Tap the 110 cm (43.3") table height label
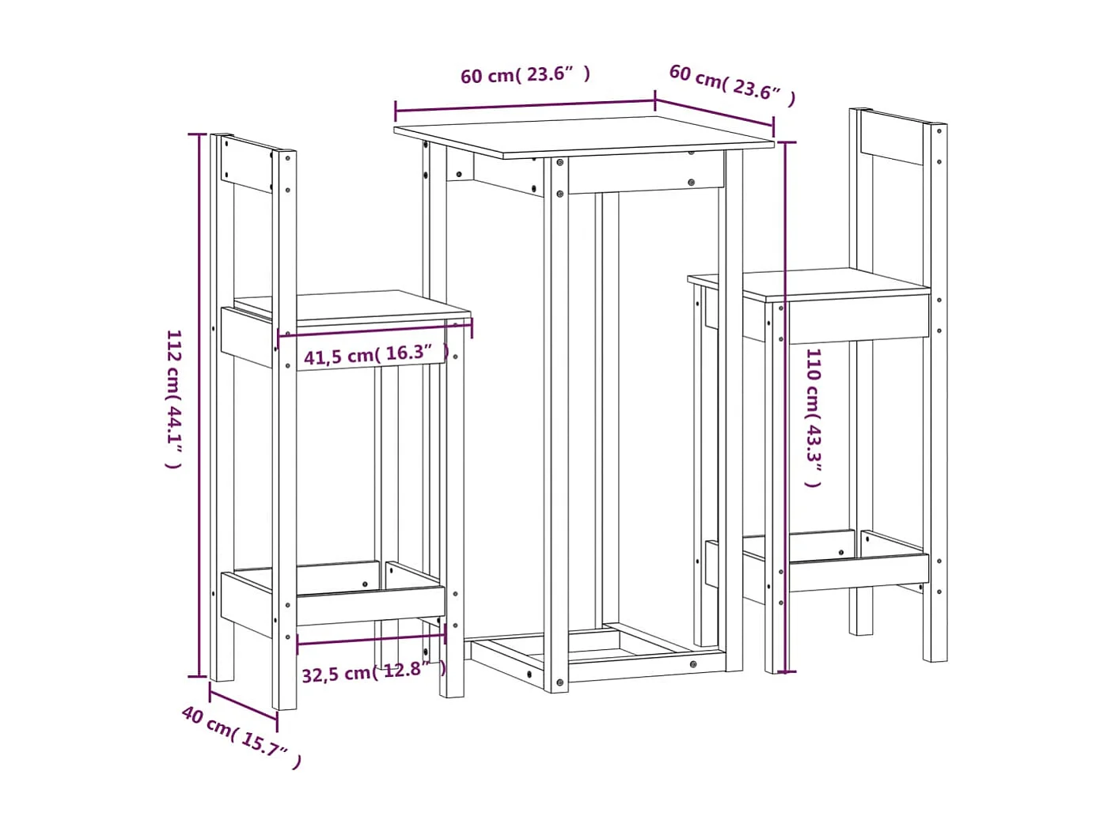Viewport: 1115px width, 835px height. click(x=813, y=417)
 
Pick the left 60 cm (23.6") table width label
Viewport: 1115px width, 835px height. click(x=525, y=75)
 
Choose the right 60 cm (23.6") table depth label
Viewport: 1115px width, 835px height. click(x=732, y=84)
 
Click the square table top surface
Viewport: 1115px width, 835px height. click(x=584, y=136)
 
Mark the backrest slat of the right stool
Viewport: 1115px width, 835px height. click(x=893, y=138)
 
